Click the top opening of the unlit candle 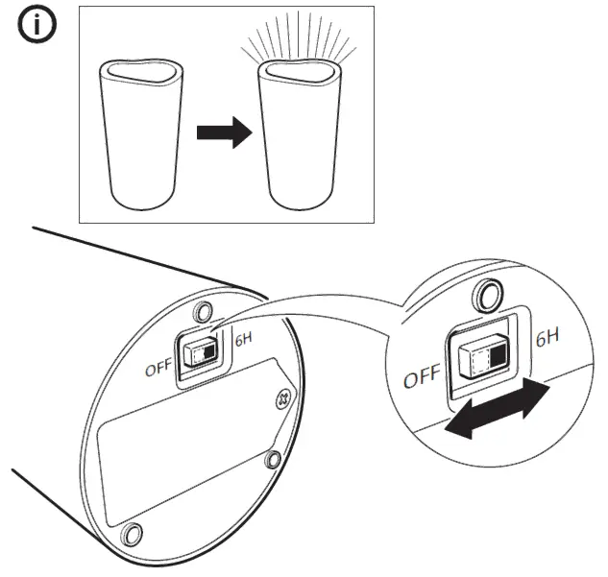coord(141,73)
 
